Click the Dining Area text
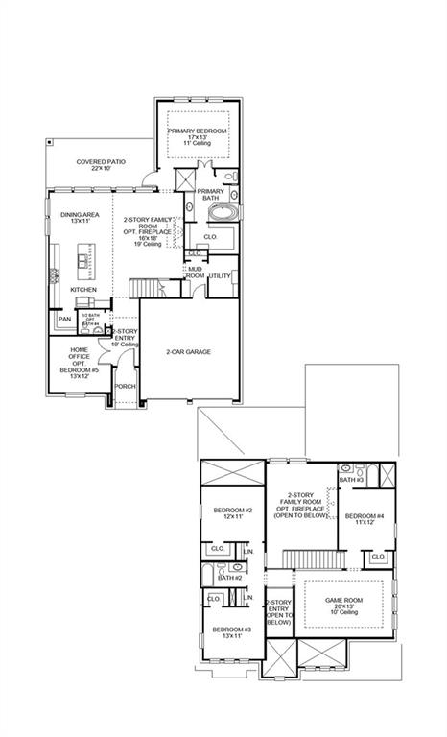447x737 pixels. (x=75, y=218)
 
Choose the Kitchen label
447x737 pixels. (x=83, y=289)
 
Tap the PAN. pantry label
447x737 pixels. (x=65, y=319)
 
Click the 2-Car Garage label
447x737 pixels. (x=188, y=351)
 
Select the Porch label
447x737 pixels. (x=125, y=387)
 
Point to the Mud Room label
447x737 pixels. (x=195, y=273)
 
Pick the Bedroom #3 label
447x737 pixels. (x=232, y=633)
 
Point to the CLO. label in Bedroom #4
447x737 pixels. (x=378, y=557)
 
